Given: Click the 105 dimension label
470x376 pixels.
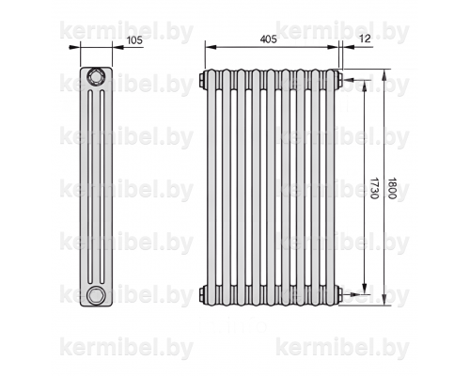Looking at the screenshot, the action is point(134,40).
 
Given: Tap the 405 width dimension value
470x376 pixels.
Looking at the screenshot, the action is point(269,39).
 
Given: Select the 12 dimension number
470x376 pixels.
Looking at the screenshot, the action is point(365,39).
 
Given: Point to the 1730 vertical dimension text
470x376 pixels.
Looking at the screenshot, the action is point(374,188).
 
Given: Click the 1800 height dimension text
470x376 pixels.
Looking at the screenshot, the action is point(392,188).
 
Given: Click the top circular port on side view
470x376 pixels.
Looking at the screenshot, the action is point(95,76).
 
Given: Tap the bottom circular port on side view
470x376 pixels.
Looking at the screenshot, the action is point(95,295).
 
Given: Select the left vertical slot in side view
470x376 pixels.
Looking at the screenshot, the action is point(90,187).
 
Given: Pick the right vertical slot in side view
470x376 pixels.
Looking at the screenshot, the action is point(102,187).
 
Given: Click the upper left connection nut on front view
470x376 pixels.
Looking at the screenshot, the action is point(202,80).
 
